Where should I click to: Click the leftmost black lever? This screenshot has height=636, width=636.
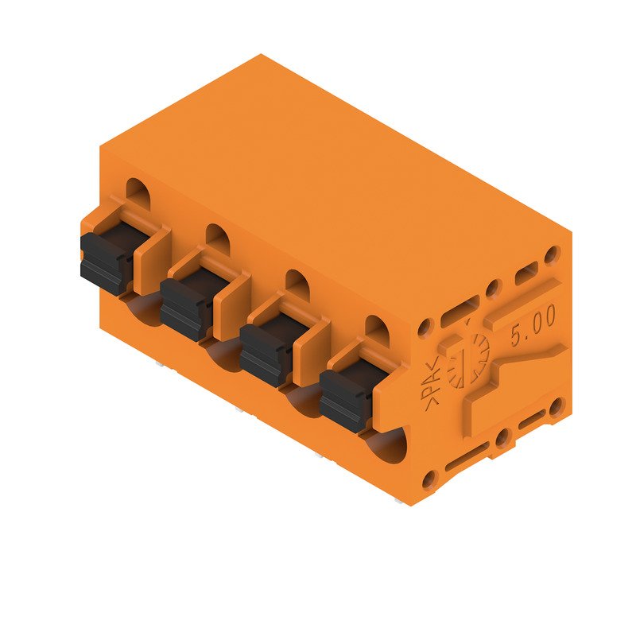[105, 262]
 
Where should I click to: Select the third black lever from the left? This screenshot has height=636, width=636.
[266, 353]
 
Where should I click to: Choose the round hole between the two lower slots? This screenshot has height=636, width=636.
[502, 438]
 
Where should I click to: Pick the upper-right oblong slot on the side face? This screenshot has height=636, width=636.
[526, 273]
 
